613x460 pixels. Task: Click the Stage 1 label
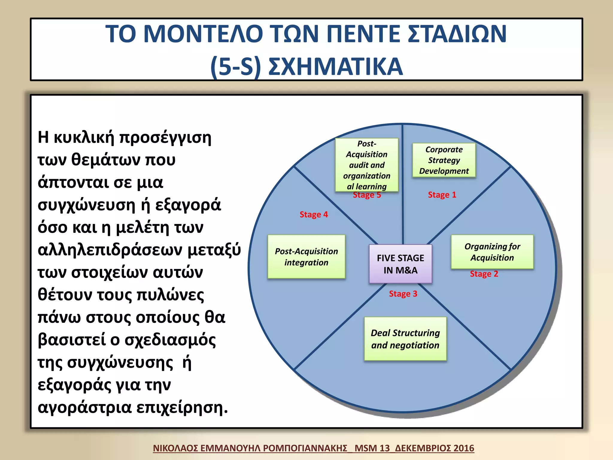(442, 195)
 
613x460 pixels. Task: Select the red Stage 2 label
(484, 274)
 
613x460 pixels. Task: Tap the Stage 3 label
(403, 294)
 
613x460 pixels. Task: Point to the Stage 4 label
(313, 215)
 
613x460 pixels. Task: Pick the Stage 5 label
(367, 195)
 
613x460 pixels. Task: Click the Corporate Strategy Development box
(444, 160)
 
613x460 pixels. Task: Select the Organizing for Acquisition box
(492, 252)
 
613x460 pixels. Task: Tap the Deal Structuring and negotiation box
(405, 339)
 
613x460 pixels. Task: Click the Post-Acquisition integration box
(306, 257)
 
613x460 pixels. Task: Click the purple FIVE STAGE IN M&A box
(400, 264)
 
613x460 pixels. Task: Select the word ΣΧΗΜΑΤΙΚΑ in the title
(335, 66)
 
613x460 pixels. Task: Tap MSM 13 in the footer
(372, 448)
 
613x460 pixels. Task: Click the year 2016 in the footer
(464, 448)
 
